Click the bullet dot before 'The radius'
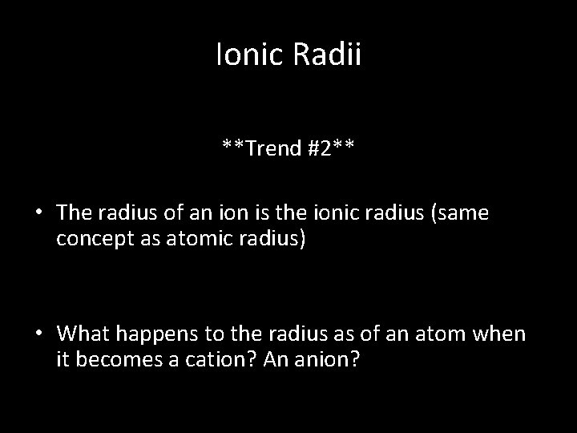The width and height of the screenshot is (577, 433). click(x=38, y=213)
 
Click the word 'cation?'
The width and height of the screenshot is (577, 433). click(x=205, y=360)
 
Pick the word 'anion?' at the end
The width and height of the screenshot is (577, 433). click(x=330, y=360)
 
